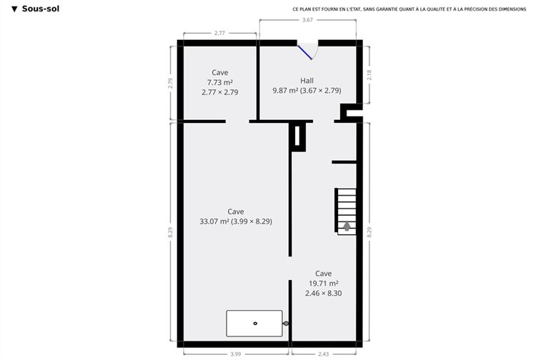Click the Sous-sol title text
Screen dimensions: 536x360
(40, 9)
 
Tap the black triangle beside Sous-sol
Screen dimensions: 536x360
(14, 9)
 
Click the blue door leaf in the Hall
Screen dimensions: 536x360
(304, 52)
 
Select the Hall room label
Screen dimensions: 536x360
(307, 81)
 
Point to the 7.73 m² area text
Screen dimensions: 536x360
(220, 82)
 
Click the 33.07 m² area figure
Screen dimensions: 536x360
(214, 221)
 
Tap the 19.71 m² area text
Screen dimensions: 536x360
(323, 284)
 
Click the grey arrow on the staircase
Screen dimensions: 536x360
(347, 226)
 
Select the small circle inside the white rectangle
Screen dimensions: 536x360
(255, 324)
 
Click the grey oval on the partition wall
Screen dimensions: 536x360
(286, 324)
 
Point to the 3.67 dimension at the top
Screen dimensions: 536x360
(307, 20)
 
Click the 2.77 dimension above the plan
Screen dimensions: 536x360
(219, 33)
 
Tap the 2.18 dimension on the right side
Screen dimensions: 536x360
(369, 75)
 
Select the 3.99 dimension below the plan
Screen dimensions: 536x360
(236, 354)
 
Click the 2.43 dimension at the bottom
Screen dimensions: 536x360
(323, 354)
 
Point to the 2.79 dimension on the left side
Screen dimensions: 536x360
(170, 84)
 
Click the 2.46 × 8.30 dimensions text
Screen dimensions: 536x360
(323, 293)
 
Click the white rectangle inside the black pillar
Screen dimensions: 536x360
(297, 136)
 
